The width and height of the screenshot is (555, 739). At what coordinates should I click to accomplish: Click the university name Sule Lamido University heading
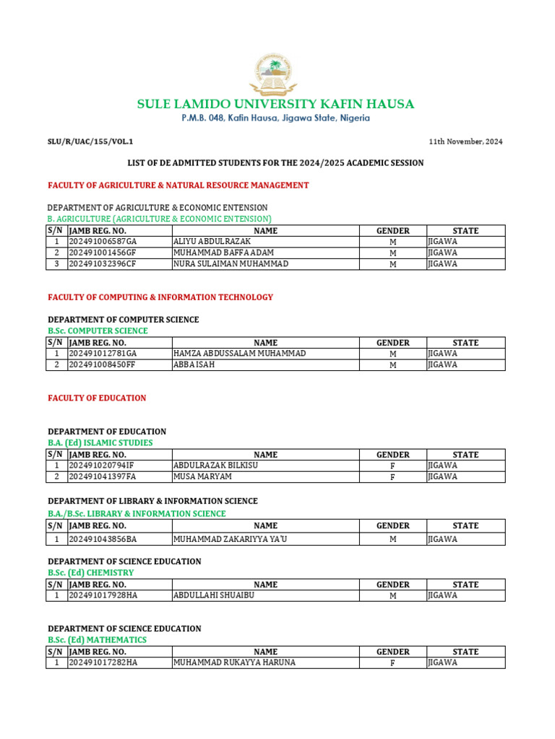point(275,105)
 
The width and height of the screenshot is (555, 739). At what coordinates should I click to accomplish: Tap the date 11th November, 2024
point(466,141)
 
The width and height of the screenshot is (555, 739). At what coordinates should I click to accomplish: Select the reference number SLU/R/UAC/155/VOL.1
point(90,141)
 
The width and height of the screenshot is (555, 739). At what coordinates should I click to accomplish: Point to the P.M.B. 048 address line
point(275,118)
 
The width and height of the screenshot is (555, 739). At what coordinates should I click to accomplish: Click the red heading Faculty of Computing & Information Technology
point(160,297)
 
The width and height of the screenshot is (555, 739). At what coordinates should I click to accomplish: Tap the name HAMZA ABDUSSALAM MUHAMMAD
point(239,354)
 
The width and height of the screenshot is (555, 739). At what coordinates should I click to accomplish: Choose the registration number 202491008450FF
point(102,365)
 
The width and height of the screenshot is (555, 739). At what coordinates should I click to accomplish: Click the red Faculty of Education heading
point(97,398)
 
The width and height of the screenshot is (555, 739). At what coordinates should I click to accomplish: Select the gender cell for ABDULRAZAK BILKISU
point(393,466)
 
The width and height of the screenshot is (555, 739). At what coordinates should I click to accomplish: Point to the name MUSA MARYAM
point(202,477)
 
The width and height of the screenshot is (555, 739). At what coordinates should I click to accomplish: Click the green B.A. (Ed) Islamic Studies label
point(100,443)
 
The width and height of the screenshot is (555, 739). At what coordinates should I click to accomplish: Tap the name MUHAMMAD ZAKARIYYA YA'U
point(225,539)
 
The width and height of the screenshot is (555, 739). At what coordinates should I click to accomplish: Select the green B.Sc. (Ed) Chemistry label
point(91,573)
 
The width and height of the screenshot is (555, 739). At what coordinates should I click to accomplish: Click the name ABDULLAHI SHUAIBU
point(214,596)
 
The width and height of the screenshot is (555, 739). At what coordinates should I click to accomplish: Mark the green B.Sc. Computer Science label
point(98,331)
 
